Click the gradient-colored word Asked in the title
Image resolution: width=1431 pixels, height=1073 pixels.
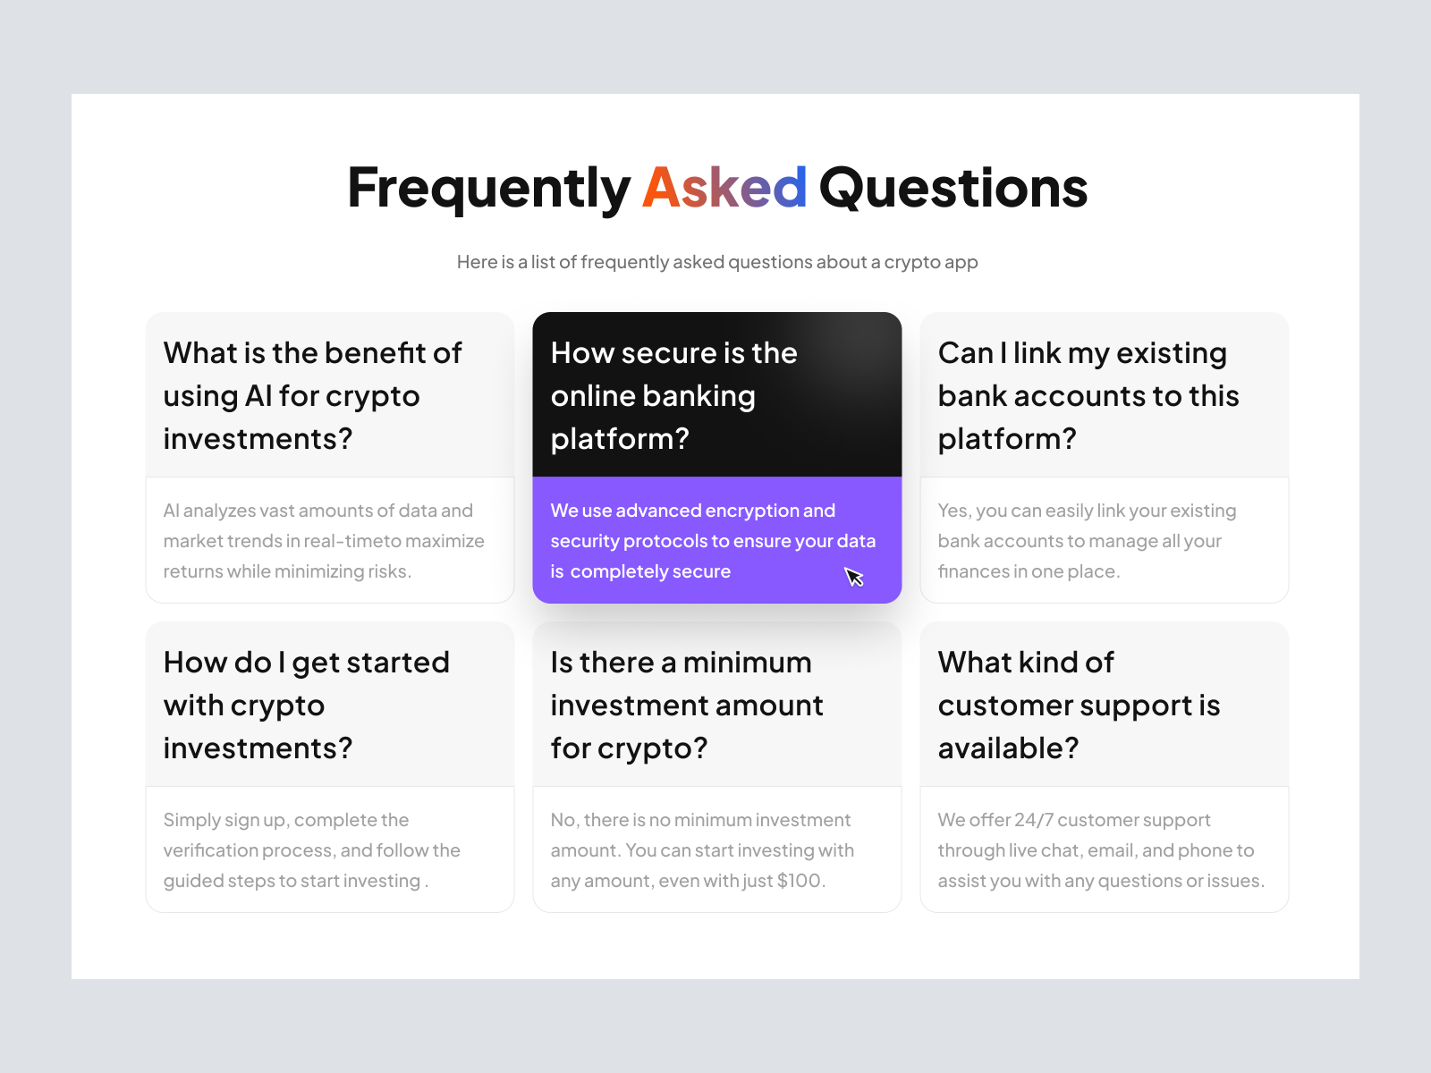coord(724,188)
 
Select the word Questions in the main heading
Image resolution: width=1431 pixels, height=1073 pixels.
coord(953,188)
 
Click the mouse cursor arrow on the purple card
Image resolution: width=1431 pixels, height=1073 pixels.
coord(853,577)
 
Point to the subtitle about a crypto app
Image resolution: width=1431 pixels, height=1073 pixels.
coord(717,262)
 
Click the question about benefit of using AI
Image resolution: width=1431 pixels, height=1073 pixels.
coord(312,395)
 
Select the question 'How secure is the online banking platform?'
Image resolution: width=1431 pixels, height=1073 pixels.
coord(673,395)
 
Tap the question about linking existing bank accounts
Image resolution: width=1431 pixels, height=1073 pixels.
coord(1088,395)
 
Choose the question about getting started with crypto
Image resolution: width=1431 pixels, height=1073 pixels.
coord(307,705)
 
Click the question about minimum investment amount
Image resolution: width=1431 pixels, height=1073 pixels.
coord(687,705)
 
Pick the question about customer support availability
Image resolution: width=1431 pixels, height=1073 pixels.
coord(1079,705)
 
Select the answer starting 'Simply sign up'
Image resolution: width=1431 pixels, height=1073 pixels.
coord(311,850)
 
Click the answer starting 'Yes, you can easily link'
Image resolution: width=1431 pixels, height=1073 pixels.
coord(1087,541)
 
